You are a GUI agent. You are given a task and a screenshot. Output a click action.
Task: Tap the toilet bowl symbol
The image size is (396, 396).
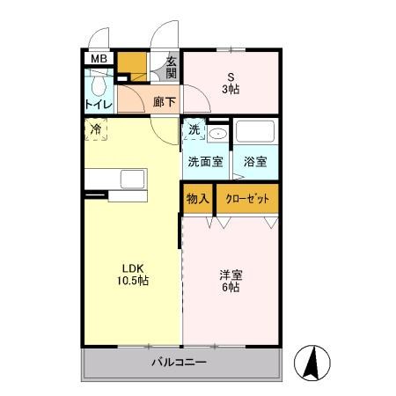98,85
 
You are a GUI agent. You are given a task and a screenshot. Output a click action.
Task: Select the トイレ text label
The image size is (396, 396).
99,106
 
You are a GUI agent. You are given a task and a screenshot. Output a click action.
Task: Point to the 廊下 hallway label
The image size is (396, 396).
163,101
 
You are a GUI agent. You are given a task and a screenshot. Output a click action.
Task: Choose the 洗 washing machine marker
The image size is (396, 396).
194,129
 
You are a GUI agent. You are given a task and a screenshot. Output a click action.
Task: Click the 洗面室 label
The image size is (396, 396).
206,162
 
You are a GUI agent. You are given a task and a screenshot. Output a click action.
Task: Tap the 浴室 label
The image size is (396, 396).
255,162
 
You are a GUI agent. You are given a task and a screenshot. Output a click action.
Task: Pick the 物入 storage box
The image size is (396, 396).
197,198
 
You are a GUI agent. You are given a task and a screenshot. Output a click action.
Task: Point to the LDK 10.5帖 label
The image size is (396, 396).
133,275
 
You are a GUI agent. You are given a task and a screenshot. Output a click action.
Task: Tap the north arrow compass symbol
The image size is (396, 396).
312,362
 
